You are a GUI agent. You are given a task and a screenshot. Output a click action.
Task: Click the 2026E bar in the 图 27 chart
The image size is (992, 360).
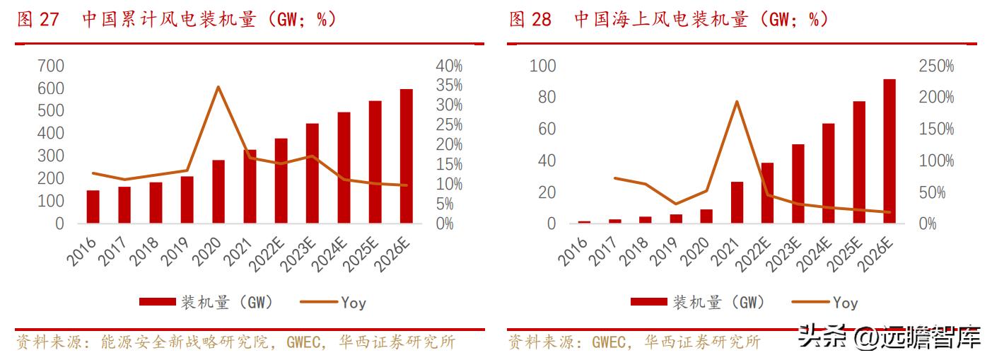point(406,156)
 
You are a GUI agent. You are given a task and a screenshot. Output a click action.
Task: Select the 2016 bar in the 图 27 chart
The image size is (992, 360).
point(93,207)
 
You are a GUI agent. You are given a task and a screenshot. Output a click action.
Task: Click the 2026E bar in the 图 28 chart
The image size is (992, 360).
point(889,151)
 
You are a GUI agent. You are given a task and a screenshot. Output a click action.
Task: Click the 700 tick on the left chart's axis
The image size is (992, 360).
point(50,66)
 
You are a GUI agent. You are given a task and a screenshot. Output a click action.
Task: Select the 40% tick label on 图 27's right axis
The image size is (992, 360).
point(449,66)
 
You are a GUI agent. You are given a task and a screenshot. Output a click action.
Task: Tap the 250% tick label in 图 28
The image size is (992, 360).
point(936,66)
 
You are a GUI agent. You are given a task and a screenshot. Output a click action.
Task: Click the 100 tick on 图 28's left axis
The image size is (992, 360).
point(543,66)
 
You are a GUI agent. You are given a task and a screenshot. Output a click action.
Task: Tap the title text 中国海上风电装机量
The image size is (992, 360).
point(660,19)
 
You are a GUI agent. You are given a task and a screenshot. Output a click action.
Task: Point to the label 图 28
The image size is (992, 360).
point(530,19)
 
